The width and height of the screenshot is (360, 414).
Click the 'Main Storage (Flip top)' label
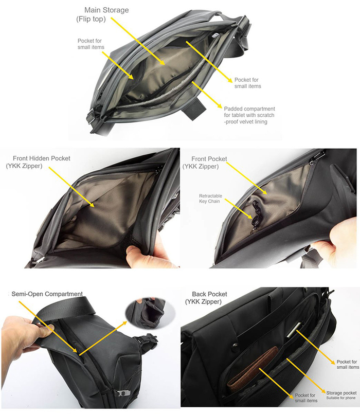click(x=102, y=14)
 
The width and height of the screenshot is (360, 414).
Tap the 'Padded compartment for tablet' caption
click(x=249, y=115)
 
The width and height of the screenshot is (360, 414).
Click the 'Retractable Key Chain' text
click(x=210, y=199)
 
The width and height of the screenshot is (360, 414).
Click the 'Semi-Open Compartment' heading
click(x=47, y=294)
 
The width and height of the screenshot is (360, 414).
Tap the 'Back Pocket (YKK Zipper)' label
click(x=206, y=298)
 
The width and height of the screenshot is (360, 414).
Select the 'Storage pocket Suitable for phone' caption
click(x=341, y=395)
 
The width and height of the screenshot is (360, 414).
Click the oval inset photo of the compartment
click(x=150, y=313)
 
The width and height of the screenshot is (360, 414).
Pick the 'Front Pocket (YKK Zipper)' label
click(x=205, y=163)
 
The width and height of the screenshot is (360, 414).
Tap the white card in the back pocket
click(x=295, y=330)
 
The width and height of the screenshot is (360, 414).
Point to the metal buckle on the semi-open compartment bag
click(x=123, y=393)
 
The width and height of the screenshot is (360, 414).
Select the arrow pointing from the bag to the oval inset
click(x=103, y=338)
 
